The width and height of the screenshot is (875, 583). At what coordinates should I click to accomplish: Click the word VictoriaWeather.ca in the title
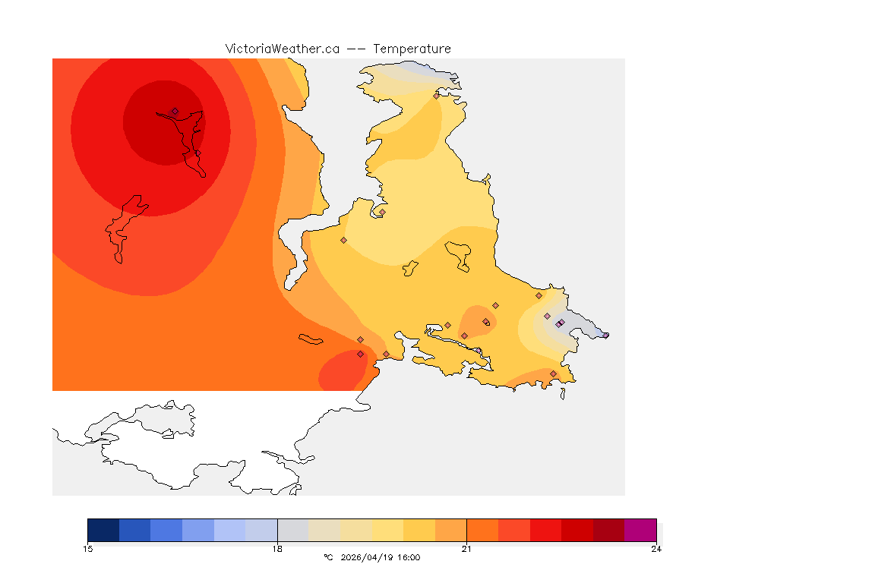point(282,49)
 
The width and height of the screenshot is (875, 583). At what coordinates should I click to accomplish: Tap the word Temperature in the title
point(412,49)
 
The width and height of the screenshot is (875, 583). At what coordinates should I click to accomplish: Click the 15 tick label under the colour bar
point(88,549)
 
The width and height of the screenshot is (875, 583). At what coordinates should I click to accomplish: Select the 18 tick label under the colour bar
point(277,549)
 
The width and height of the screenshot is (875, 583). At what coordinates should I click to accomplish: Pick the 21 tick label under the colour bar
point(466,549)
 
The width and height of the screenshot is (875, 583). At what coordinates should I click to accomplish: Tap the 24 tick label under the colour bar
point(655,549)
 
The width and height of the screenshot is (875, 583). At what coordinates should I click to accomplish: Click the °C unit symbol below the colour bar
point(328,557)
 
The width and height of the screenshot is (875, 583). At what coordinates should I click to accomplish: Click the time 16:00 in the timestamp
point(408,557)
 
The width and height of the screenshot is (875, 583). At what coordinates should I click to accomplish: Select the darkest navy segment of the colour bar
point(103,530)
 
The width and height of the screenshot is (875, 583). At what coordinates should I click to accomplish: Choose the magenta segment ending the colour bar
point(640,530)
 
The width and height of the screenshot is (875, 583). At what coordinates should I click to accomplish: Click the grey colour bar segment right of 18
point(293,530)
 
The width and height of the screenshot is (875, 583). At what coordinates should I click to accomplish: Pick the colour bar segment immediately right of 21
point(482,530)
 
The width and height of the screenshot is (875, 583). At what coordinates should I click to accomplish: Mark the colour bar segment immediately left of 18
point(261,530)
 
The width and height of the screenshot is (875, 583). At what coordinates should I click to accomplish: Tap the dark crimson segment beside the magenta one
point(608,530)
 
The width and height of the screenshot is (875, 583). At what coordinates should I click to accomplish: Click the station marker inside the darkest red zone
point(175,111)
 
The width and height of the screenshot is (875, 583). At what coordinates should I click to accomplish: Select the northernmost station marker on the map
point(436,96)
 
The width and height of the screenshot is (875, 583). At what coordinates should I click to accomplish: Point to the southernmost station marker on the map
point(553,373)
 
